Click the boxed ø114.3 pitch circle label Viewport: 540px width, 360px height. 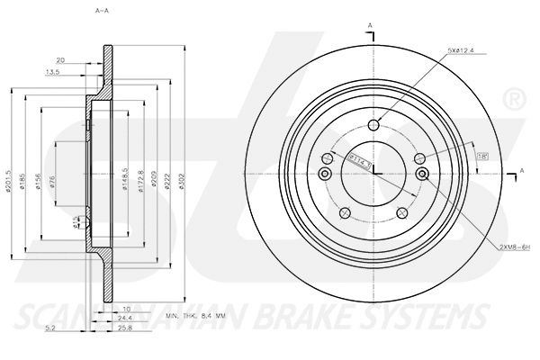360,158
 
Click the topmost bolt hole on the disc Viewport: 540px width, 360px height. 374,126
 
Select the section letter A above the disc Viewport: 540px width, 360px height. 368,25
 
